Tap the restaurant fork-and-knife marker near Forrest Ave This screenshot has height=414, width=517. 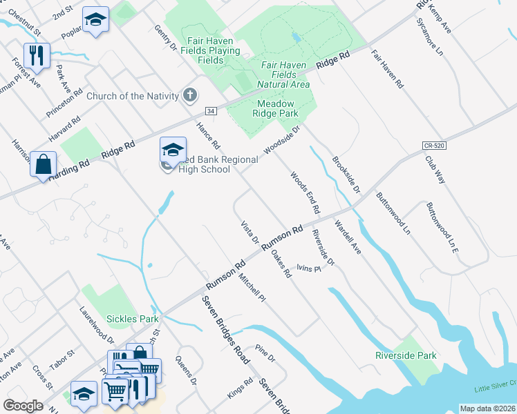click(37, 55)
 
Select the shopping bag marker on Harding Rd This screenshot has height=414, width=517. click(43, 164)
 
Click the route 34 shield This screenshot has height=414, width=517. click(211, 110)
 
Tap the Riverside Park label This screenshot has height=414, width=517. click(406, 355)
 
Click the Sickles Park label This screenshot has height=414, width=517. click(132, 319)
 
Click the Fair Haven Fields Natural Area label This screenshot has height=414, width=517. click(284, 74)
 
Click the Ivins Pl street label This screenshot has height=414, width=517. click(309, 268)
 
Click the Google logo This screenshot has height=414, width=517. click(23, 406)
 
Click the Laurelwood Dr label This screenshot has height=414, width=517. click(97, 324)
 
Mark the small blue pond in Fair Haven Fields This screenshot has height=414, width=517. click(296, 37)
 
